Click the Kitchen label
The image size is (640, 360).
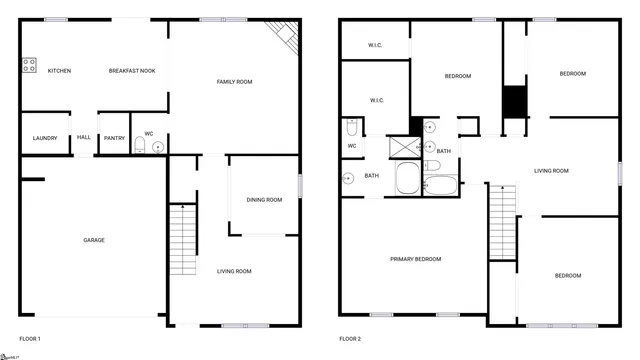tap(58, 70)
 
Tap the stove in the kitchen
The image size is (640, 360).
tap(29, 66)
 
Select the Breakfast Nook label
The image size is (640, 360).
tap(131, 70)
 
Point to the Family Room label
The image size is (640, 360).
tap(233, 81)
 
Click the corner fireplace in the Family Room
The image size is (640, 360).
tap(285, 38)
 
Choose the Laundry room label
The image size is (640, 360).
tap(44, 138)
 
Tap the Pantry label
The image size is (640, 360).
tap(114, 138)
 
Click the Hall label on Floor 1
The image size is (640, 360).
tap(83, 138)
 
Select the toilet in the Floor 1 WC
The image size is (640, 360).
tap(141, 147)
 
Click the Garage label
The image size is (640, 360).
tap(94, 239)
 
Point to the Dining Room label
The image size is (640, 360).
tap(265, 199)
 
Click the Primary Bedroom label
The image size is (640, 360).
tap(415, 259)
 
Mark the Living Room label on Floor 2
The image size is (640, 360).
tap(551, 171)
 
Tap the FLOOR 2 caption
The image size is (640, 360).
tap(350, 339)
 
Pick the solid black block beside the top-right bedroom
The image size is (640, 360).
tap(514, 102)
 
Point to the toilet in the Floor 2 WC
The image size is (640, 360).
tap(352, 129)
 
